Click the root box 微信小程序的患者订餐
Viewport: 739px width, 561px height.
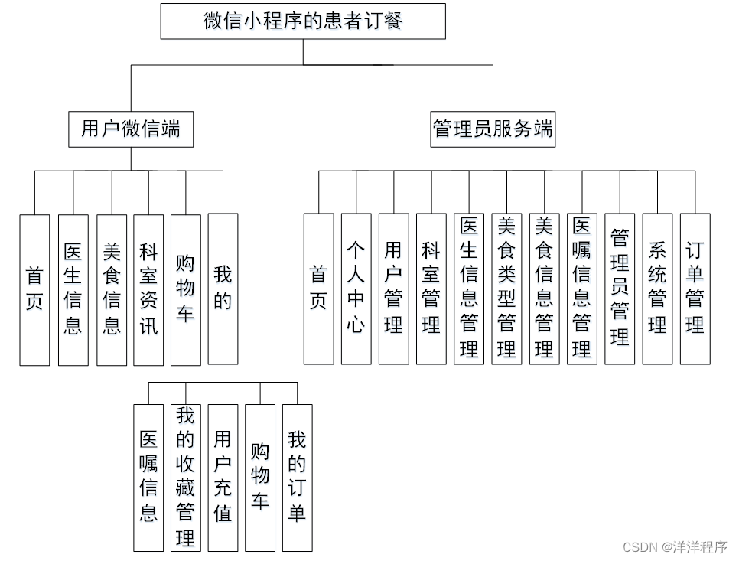303,21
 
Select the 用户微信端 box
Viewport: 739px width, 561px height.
131,129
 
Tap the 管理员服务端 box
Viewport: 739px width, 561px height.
492,129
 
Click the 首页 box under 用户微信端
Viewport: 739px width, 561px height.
34,289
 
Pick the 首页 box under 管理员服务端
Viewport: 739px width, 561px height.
318,289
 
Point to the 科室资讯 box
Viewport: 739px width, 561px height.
148,289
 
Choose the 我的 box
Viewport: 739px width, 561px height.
223,289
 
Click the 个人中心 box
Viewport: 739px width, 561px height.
356,289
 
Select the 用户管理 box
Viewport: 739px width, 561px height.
393,289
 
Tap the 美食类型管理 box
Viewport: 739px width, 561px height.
506,289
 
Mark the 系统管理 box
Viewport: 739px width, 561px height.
657,289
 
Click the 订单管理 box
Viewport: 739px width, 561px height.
695,289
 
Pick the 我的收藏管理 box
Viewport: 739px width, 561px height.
185,478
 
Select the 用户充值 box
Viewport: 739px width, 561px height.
223,478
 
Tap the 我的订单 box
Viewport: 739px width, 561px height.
297,478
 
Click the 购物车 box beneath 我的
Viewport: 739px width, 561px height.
260,478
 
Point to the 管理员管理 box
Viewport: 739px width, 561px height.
620,289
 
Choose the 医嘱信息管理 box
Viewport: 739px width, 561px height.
581,289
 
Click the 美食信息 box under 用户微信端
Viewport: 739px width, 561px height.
112,289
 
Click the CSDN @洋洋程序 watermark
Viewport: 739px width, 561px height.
675,546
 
